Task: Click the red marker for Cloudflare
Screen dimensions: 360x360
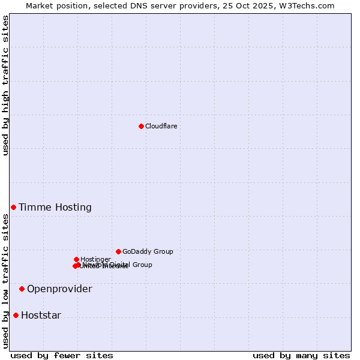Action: click(x=141, y=126)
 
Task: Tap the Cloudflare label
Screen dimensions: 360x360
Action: click(x=161, y=126)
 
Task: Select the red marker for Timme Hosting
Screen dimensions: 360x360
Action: click(x=13, y=207)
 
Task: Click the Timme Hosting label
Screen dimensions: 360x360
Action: click(x=55, y=208)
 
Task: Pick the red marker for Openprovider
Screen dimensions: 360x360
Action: click(x=22, y=289)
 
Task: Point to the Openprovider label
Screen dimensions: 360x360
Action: click(x=59, y=289)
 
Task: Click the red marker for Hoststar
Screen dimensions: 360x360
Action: click(x=16, y=315)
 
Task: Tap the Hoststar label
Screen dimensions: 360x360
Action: click(x=41, y=316)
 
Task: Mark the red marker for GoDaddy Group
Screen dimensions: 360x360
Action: click(x=118, y=251)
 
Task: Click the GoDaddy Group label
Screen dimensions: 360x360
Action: click(x=148, y=252)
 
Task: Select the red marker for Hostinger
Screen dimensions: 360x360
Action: click(x=76, y=259)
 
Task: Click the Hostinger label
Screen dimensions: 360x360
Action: click(x=95, y=259)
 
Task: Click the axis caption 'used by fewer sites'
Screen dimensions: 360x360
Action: click(x=62, y=355)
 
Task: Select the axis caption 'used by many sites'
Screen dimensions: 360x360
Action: click(x=301, y=355)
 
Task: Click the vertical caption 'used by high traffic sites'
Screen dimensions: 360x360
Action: click(x=5, y=85)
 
